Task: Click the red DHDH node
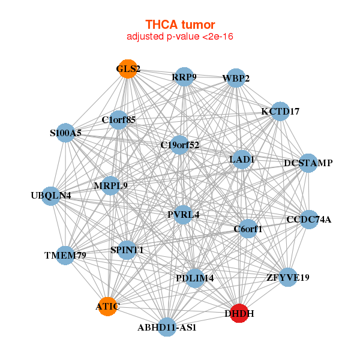coord(239,313)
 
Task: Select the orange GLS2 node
coord(128,68)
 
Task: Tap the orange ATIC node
coord(107,306)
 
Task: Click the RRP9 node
coord(184,77)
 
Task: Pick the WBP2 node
coord(236,78)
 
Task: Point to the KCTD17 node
coord(280,112)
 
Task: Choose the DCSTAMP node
coord(308,163)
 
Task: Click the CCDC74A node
coord(309,220)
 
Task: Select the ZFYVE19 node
coord(288,277)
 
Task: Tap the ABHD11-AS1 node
coord(167,327)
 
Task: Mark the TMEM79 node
coord(65,256)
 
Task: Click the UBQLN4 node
coord(51,196)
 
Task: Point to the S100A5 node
coord(65,133)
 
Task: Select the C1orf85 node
coord(118,120)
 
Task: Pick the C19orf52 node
coord(180,145)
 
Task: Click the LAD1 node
coord(242,160)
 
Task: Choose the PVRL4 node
coord(183,215)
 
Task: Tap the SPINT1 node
coord(127,250)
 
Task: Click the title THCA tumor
coord(180,25)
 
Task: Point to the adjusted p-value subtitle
coord(180,37)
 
